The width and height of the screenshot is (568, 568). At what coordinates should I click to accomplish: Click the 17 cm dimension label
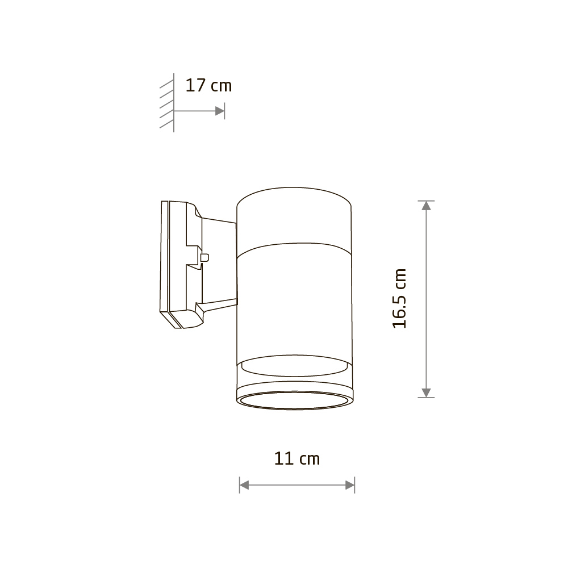coord(208,86)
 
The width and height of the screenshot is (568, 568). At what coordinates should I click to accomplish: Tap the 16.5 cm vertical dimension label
coord(399,299)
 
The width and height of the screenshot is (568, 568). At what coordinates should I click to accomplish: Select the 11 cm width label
coord(297,458)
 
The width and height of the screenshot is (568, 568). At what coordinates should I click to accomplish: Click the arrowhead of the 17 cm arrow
coord(219,111)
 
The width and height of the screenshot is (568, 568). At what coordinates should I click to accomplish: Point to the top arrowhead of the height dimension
coord(427,206)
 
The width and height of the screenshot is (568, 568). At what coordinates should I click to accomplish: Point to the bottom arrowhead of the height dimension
coord(427,392)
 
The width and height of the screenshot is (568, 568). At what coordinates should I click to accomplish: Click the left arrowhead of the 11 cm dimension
coord(244,485)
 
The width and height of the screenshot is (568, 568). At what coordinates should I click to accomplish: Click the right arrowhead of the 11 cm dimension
coord(350,485)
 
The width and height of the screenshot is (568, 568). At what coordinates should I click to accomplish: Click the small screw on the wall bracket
coord(204,257)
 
